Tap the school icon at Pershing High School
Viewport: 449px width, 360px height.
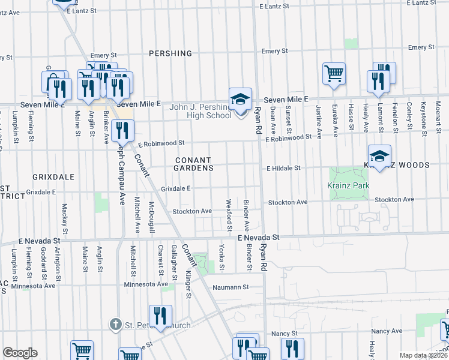click(240, 99)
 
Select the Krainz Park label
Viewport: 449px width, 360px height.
click(348, 186)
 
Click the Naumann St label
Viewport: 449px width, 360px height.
click(231, 287)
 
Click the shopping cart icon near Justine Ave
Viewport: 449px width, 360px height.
click(334, 74)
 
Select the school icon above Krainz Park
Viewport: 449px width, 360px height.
click(379, 157)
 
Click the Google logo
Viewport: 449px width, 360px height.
click(20, 353)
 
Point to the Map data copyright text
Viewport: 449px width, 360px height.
click(423, 355)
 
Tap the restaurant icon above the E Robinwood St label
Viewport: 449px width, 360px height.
click(123, 130)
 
